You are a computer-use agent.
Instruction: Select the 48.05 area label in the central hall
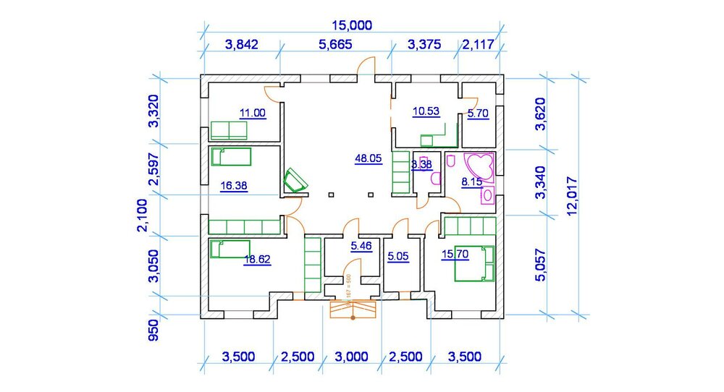pos(368,159)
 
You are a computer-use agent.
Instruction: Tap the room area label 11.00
pos(253,112)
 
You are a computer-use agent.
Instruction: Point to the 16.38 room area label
pos(233,186)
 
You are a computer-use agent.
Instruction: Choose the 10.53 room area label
pos(426,111)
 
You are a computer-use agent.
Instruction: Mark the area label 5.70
pos(479,114)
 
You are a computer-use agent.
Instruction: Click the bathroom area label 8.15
pos(471,182)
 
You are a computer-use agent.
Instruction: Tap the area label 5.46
pos(361,247)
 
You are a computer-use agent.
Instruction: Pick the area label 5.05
pos(398,256)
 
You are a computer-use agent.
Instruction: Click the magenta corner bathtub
pos(479,164)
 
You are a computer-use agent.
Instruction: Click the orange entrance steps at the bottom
pos(353,309)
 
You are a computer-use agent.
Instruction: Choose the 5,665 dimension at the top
pos(335,45)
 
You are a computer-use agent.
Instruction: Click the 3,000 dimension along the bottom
pos(353,357)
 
